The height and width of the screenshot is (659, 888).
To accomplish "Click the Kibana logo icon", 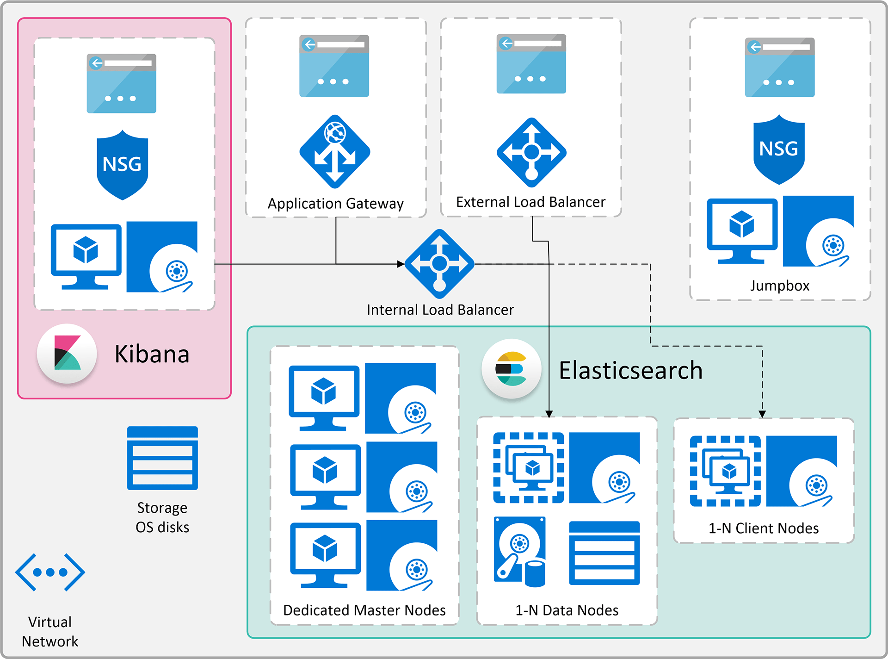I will (x=67, y=354).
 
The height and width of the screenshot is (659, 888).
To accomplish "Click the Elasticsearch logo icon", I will (x=511, y=369).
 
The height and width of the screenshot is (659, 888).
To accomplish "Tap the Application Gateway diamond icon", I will (x=335, y=152).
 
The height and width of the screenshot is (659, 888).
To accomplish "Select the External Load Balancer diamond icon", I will (x=531, y=152).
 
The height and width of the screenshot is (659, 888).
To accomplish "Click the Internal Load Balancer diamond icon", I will (x=439, y=264).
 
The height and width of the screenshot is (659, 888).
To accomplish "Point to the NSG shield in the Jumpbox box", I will (x=779, y=149).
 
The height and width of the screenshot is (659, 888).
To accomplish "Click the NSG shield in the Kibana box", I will (x=122, y=165).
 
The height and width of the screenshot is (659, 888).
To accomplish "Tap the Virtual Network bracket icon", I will (x=50, y=572).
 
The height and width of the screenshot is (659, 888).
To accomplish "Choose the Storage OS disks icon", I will (x=162, y=458).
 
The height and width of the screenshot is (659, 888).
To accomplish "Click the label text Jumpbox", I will (x=780, y=286).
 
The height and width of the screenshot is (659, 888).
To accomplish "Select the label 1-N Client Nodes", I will (x=764, y=528).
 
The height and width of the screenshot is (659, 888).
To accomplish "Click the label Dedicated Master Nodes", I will (x=364, y=610).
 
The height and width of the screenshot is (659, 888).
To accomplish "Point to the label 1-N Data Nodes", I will (x=567, y=610).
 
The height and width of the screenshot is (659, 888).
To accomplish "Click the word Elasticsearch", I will (x=630, y=370).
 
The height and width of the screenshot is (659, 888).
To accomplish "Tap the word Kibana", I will (x=152, y=354).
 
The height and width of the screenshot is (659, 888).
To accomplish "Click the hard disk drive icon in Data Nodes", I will (x=520, y=551).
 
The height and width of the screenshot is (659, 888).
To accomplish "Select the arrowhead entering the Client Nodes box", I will (x=762, y=414).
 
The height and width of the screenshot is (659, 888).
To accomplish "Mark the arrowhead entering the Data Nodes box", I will (x=549, y=413).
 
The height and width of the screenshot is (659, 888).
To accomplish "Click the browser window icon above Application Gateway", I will (x=334, y=66).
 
